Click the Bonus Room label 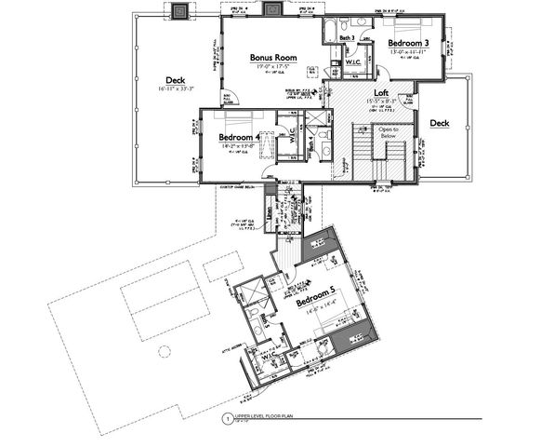click(x=271, y=57)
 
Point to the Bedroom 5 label click(x=318, y=303)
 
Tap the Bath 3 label click(x=345, y=37)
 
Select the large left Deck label click(x=176, y=79)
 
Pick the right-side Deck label click(x=439, y=122)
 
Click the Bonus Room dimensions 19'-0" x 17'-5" click(x=271, y=67)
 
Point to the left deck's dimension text click(x=176, y=89)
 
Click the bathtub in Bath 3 click(x=332, y=28)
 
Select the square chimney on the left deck click(x=178, y=10)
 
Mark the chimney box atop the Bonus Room click(x=272, y=10)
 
